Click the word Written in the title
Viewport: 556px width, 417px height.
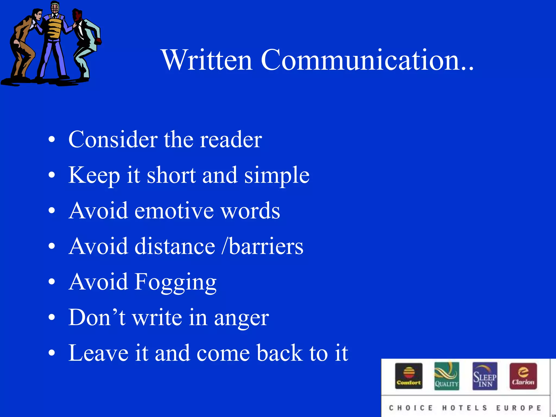pyautogui.click(x=207, y=60)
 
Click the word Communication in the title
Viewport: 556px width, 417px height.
pyautogui.click(x=361, y=60)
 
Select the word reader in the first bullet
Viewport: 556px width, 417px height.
pyautogui.click(x=231, y=140)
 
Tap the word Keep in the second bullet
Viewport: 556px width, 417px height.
pyautogui.click(x=94, y=176)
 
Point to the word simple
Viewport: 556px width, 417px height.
pyautogui.click(x=277, y=176)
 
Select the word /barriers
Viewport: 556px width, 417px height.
pyautogui.click(x=262, y=247)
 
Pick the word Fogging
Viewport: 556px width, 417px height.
pyautogui.click(x=175, y=283)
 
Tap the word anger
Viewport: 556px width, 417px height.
pyautogui.click(x=241, y=318)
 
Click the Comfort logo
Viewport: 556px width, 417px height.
pyautogui.click(x=409, y=376)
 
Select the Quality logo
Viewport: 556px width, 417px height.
pyautogui.click(x=447, y=376)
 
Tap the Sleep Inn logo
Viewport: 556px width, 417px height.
pyautogui.click(x=485, y=376)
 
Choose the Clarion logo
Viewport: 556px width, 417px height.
pyautogui.click(x=523, y=376)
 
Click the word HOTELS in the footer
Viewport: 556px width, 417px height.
pyautogui.click(x=465, y=408)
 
